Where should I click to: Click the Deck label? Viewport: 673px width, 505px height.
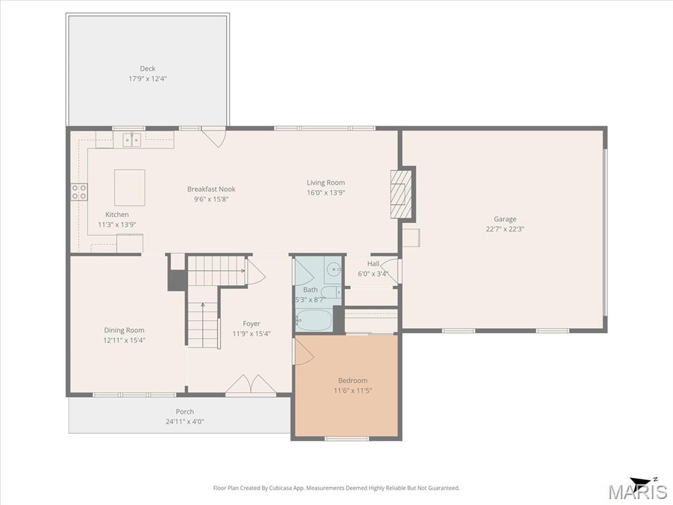(148, 68)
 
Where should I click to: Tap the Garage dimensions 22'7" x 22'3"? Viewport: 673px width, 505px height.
(505, 229)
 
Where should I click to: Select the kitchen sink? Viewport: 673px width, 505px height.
(131, 140)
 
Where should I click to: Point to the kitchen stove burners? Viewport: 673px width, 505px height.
(79, 191)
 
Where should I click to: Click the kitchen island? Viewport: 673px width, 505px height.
(129, 187)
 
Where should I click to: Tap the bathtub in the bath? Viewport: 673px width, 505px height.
(313, 320)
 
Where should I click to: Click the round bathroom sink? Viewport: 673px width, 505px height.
(333, 270)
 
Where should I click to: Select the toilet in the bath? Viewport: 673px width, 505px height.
(331, 293)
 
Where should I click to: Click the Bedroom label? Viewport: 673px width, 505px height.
(353, 381)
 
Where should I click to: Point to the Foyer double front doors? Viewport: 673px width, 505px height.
(251, 384)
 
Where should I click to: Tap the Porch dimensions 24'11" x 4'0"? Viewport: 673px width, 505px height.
(185, 421)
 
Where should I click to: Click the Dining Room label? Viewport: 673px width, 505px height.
(124, 330)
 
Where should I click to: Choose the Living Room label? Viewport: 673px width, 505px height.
(326, 183)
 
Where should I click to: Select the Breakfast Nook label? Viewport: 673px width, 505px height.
(211, 189)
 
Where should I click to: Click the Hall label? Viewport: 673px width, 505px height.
(373, 264)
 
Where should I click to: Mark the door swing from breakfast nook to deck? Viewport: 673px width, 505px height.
(214, 137)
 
